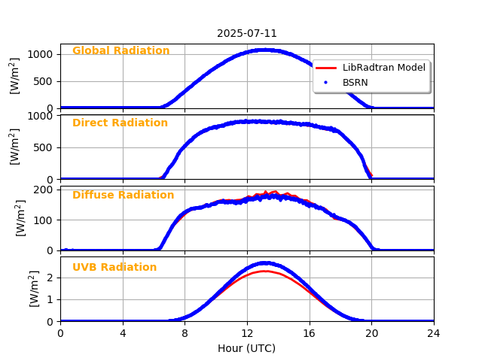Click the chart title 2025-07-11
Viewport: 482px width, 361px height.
tap(247, 33)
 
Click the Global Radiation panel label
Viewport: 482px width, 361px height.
tap(120, 51)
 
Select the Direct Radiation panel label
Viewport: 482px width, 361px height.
tap(120, 123)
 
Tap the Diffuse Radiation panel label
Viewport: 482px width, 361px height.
tap(123, 196)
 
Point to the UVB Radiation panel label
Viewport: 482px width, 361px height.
tap(114, 268)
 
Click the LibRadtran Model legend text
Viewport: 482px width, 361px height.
tap(383, 68)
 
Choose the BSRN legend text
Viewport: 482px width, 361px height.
tap(355, 82)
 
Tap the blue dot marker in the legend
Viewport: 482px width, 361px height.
tap(326, 82)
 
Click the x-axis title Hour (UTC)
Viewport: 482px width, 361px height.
tap(247, 348)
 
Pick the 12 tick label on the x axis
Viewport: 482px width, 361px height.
tap(247, 333)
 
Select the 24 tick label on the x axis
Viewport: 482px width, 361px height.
tap(434, 333)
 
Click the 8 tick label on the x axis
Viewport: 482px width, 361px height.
tap(185, 333)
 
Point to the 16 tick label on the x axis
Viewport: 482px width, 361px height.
tap(310, 333)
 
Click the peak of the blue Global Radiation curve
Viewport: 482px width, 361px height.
tap(264, 50)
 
